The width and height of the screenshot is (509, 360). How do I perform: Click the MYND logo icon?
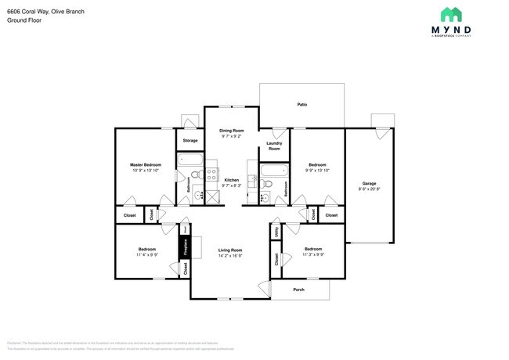point(451,14)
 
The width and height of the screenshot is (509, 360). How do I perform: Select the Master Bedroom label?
point(146,164)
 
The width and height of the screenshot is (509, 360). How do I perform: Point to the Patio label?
point(301,103)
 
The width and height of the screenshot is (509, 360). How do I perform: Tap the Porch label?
point(298,289)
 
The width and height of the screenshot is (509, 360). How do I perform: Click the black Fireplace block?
point(186,247)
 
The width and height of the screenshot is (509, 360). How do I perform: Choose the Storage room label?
point(190,141)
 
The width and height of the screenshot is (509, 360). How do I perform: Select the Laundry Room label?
point(274,146)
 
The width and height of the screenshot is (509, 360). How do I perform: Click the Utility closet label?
point(276,232)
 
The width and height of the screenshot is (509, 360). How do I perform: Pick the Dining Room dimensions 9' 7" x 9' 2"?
point(232,136)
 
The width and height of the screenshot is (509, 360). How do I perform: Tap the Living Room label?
point(230,250)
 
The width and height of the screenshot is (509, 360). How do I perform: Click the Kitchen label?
point(231,180)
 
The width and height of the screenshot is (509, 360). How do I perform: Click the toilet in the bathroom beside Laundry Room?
point(268,185)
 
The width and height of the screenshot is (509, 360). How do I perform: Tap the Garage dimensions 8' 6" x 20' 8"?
point(369,189)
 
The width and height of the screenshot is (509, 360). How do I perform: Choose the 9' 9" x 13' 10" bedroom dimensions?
point(317,170)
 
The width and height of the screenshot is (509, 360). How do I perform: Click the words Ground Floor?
point(24,20)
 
